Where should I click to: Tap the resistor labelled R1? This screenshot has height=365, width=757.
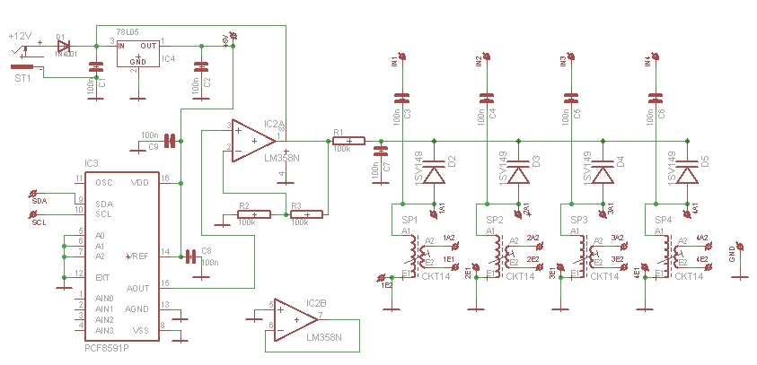click(348, 140)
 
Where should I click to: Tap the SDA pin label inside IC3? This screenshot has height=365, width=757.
click(104, 203)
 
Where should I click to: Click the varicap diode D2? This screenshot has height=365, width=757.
click(436, 172)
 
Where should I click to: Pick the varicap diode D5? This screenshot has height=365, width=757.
click(688, 172)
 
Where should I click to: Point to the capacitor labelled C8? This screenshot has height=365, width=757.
click(189, 256)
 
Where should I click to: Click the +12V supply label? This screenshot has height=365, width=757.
click(19, 36)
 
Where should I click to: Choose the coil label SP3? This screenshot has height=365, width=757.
click(579, 220)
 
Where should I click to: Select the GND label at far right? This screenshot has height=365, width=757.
click(732, 256)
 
